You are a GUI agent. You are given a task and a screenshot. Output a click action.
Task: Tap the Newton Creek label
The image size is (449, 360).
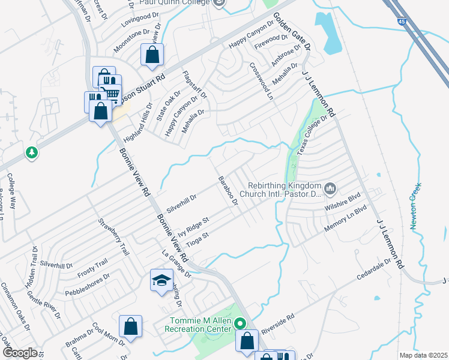(x=414, y=206)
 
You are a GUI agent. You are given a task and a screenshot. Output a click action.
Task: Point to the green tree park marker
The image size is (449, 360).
(x=32, y=153)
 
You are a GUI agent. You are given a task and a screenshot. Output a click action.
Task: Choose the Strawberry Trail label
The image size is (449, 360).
(x=114, y=237)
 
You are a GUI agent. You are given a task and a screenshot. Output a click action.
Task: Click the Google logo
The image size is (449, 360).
(x=19, y=353)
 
